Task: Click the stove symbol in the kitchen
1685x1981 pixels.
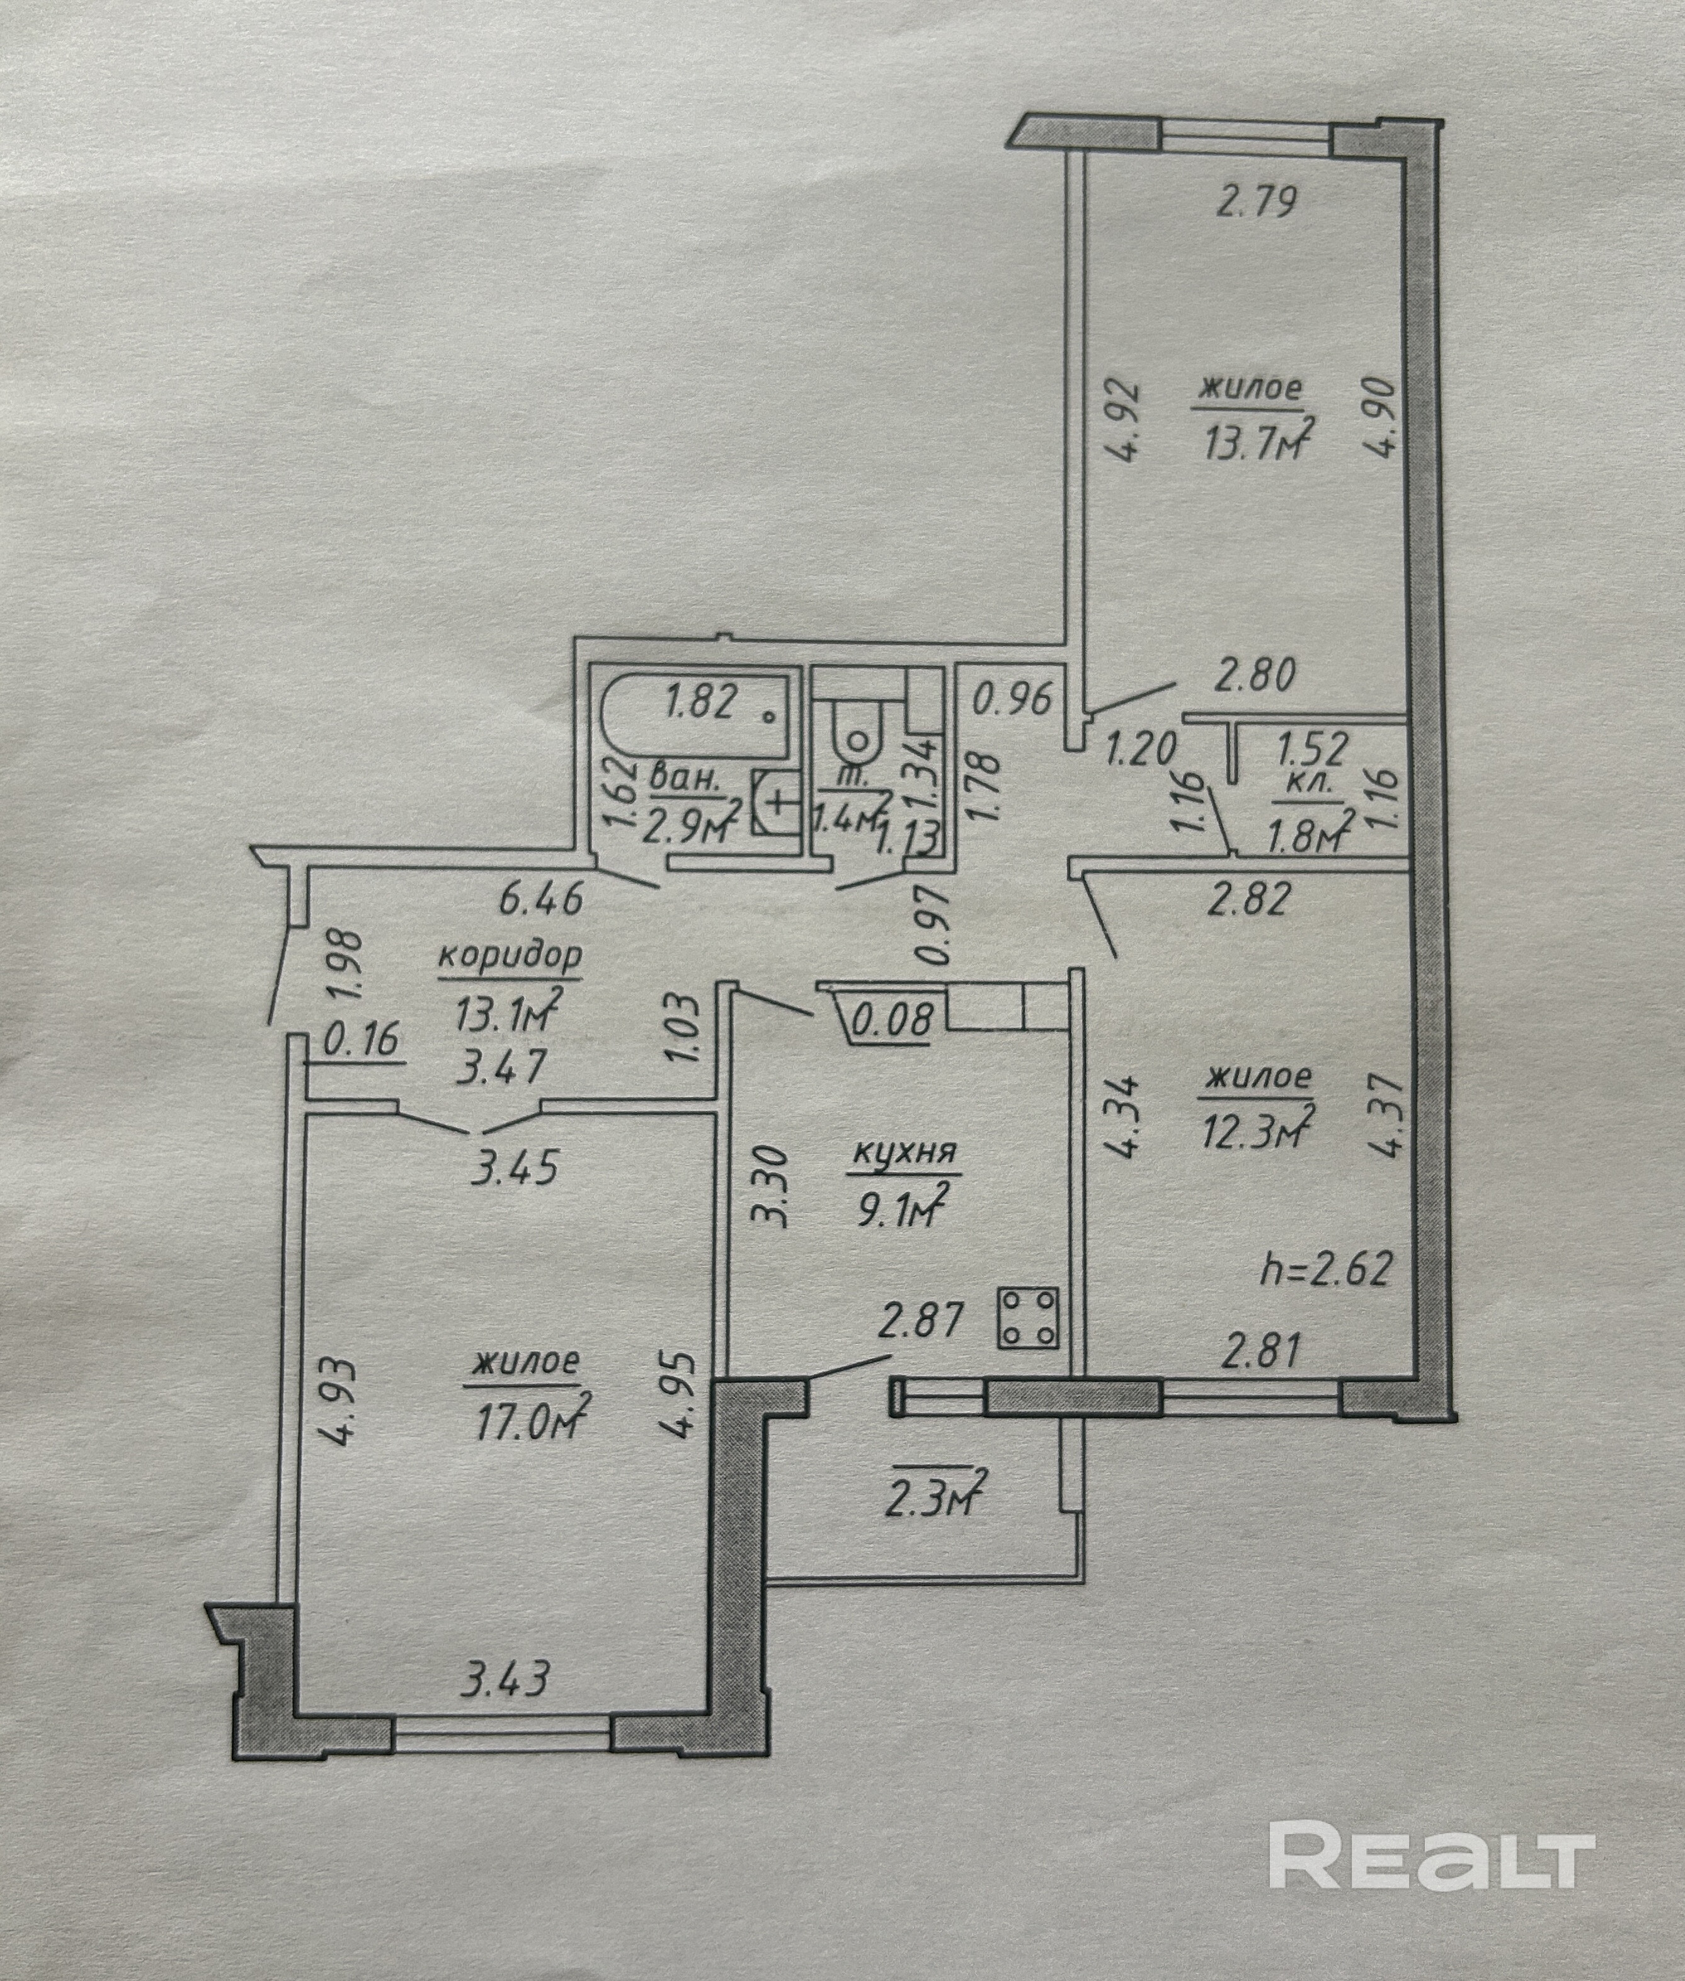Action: click(x=1028, y=1319)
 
